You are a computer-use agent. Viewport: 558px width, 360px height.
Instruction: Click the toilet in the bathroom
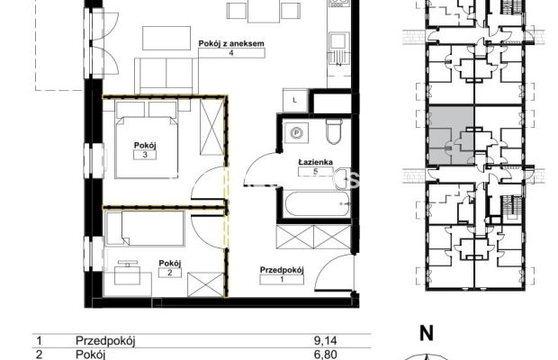coord(334,130)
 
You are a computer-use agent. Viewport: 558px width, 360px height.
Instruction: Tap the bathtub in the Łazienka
coord(316,203)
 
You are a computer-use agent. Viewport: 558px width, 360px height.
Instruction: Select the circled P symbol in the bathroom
coord(295,133)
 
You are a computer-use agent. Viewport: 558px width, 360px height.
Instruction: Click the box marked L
coord(295,100)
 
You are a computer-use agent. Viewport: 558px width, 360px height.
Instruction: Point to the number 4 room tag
coord(231,53)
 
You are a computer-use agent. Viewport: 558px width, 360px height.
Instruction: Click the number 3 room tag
coord(145,155)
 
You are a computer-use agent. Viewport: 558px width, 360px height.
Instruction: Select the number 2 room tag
coord(170,273)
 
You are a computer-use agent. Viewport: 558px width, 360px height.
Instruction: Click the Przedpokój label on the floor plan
coord(282,270)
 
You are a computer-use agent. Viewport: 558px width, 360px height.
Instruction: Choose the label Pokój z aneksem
coord(231,44)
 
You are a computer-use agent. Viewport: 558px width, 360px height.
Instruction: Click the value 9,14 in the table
coord(325,341)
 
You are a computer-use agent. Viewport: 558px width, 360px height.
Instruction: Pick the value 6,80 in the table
coord(325,355)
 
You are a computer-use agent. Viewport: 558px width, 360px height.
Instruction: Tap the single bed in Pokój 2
coord(145,229)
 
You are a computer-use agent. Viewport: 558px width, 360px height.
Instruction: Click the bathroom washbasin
coord(342,178)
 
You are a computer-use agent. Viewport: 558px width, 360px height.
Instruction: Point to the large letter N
coord(427,334)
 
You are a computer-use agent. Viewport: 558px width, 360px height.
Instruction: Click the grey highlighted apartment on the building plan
coord(451,135)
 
